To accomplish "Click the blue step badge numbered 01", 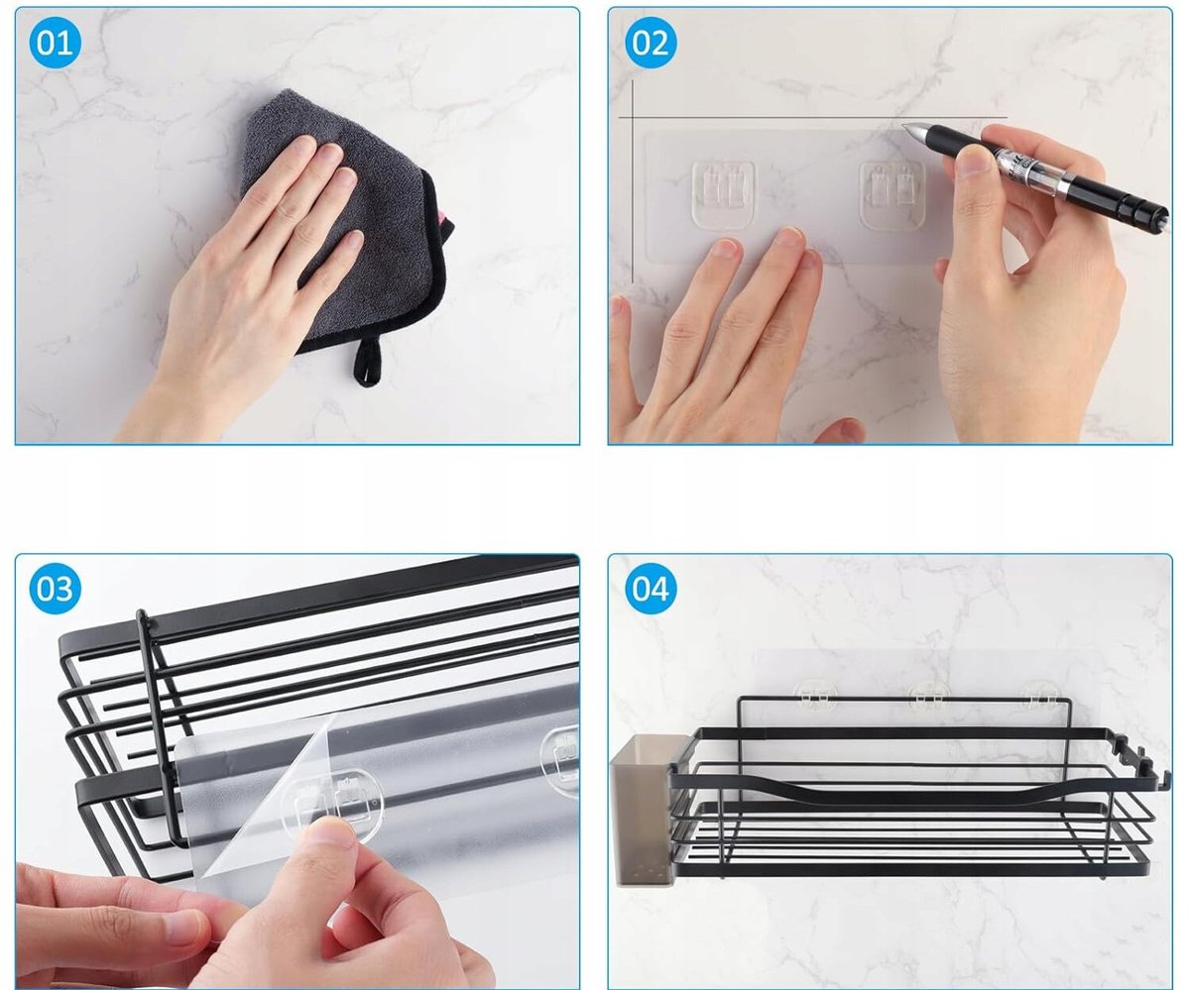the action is [55, 43].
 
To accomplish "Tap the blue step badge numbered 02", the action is [651, 43].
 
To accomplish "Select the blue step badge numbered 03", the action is [55, 589].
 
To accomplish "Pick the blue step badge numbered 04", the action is [651, 589].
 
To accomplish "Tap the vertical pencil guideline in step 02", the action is [633, 181].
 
